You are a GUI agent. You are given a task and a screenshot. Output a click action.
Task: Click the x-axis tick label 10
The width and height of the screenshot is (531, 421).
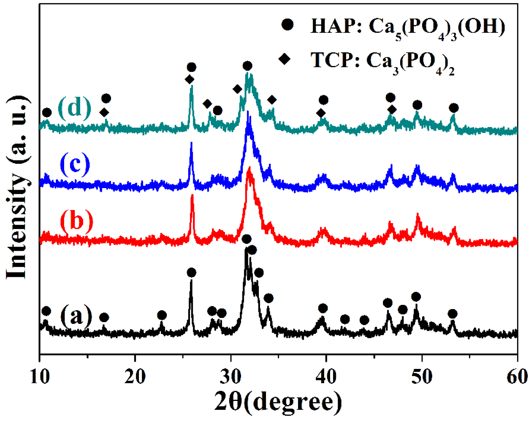click(40, 377)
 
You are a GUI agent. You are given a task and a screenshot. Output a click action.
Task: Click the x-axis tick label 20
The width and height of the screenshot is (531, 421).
click(135, 377)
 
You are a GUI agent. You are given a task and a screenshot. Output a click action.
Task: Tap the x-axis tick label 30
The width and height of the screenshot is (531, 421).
click(231, 377)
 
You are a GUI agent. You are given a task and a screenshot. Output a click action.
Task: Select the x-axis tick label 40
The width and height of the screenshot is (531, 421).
click(326, 377)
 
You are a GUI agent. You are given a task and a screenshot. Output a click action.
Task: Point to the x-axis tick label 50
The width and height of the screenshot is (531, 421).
click(422, 377)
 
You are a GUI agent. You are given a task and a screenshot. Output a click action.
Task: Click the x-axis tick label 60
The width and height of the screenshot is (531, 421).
click(517, 377)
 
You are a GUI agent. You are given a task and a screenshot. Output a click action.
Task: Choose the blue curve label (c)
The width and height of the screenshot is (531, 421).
click(75, 164)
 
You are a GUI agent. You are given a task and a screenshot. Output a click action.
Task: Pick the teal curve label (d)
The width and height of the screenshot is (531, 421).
click(75, 108)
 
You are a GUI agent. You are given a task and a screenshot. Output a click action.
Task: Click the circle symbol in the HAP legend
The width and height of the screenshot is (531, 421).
click(287, 25)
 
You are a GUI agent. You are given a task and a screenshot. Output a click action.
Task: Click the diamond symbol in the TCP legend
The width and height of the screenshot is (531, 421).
click(284, 59)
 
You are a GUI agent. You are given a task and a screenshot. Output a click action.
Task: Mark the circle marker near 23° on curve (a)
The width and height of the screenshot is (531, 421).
click(162, 315)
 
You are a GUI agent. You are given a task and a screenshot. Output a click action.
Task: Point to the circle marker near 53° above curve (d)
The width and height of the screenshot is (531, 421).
click(454, 108)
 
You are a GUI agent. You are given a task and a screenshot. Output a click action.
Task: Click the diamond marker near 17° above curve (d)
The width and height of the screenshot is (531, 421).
click(104, 113)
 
